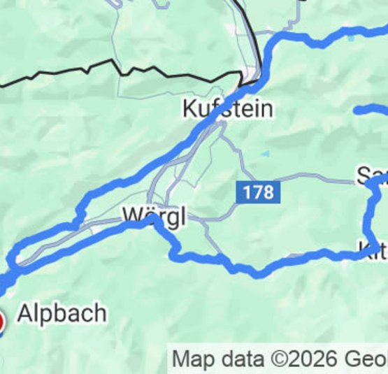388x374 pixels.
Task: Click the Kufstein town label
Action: click(x=227, y=109)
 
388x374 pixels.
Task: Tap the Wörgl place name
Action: click(x=155, y=217)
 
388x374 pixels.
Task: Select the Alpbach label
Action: click(x=62, y=314)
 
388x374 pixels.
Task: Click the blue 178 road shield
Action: click(x=258, y=192)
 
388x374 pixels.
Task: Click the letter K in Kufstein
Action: click(x=189, y=109)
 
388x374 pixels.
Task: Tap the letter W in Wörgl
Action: click(x=132, y=216)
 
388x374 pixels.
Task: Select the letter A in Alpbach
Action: click(x=24, y=314)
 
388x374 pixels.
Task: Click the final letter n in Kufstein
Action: click(x=266, y=109)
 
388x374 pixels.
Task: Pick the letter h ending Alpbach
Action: click(x=100, y=314)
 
